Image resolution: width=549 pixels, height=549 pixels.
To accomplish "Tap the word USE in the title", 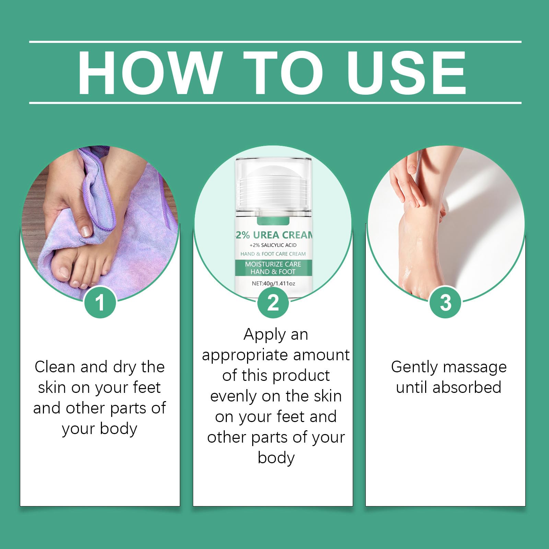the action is coord(407,72).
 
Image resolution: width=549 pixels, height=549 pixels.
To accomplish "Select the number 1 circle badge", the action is coord(100,302).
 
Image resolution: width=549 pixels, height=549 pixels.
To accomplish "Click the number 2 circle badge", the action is coord(273,302).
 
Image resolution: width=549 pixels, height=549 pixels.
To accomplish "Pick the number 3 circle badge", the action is coord(445,302).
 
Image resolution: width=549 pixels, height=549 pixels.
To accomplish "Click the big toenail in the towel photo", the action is coord(65,272).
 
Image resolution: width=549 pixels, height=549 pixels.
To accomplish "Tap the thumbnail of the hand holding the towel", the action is coord(86,231).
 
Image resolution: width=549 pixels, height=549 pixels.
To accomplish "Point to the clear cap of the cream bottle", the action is coord(273,185).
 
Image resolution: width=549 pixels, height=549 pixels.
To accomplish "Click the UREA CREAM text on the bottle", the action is coord(283,235).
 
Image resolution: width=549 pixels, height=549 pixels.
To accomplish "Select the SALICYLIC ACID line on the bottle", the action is coord(273,245).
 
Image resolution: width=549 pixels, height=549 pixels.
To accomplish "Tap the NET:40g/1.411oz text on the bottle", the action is coord(273,283).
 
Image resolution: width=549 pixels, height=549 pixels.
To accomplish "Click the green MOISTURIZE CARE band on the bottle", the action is coord(273,268).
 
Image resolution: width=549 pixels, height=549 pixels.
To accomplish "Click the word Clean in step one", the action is coord(55,367).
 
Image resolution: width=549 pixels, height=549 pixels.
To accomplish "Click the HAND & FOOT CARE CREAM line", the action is coord(273,254).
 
